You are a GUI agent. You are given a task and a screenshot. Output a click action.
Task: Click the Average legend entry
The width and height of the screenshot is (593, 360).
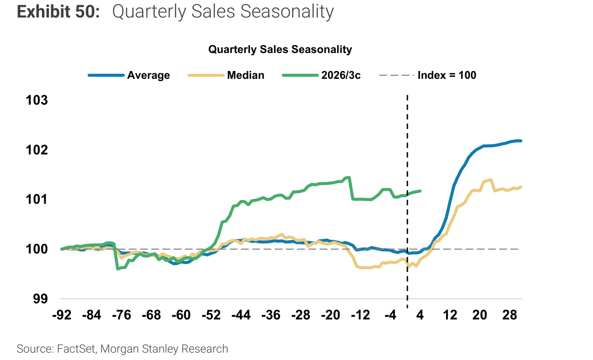tap(129, 75)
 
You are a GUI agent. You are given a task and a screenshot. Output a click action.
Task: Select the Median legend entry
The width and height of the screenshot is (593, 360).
tap(226, 75)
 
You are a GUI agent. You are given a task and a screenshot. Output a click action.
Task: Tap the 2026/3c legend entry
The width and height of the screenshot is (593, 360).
tap(322, 75)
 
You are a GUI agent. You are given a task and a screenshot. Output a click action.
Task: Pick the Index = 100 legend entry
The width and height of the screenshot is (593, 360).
tap(428, 75)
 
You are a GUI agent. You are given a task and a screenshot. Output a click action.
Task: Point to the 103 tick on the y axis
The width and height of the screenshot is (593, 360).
tap(37, 100)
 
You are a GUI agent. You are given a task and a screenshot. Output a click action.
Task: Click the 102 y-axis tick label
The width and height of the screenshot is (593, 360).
tap(37, 150)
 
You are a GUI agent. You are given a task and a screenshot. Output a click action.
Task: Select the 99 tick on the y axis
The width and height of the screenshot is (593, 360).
tap(41, 299)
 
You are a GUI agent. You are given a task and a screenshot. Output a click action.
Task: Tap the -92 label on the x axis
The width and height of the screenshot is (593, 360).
tap(62, 315)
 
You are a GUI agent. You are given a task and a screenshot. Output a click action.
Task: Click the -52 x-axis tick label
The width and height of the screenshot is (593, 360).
tap(211, 315)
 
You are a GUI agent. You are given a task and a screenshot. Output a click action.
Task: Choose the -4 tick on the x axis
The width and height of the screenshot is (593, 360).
tap(390, 315)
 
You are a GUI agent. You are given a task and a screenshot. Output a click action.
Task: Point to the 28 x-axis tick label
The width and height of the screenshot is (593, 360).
tap(510, 315)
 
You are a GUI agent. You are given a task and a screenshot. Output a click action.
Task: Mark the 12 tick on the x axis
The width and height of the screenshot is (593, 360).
tap(450, 315)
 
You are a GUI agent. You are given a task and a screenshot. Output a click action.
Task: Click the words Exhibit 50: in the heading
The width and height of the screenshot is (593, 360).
tap(59, 12)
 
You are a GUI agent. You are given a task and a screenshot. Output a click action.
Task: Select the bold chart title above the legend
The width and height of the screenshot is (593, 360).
tap(280, 49)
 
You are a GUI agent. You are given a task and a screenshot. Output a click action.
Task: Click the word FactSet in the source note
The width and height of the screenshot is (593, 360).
tap(76, 348)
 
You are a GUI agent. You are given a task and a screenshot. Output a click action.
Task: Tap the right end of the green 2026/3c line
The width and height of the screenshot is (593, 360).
tap(420, 191)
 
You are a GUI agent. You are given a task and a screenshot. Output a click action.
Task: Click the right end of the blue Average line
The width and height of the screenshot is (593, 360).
tap(521, 141)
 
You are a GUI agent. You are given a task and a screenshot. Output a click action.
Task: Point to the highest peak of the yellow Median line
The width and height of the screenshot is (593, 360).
tap(491, 180)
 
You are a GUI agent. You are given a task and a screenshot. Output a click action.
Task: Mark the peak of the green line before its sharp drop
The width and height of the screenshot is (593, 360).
tap(349, 177)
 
